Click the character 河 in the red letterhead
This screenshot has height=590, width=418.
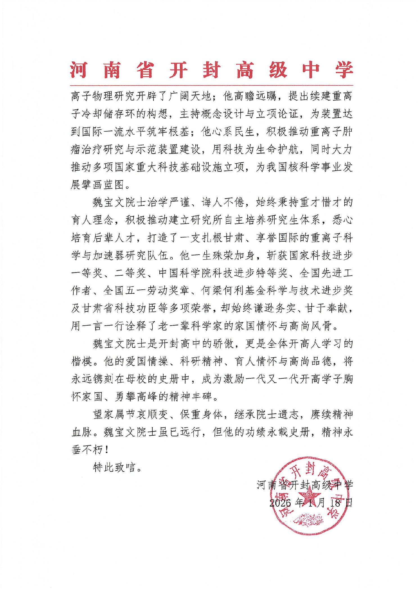pyautogui.click(x=78, y=70)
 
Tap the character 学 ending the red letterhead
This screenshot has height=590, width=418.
pyautogui.click(x=344, y=70)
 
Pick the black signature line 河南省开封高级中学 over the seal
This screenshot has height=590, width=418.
pyautogui.click(x=305, y=485)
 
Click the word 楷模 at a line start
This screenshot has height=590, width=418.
pyautogui.click(x=82, y=362)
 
